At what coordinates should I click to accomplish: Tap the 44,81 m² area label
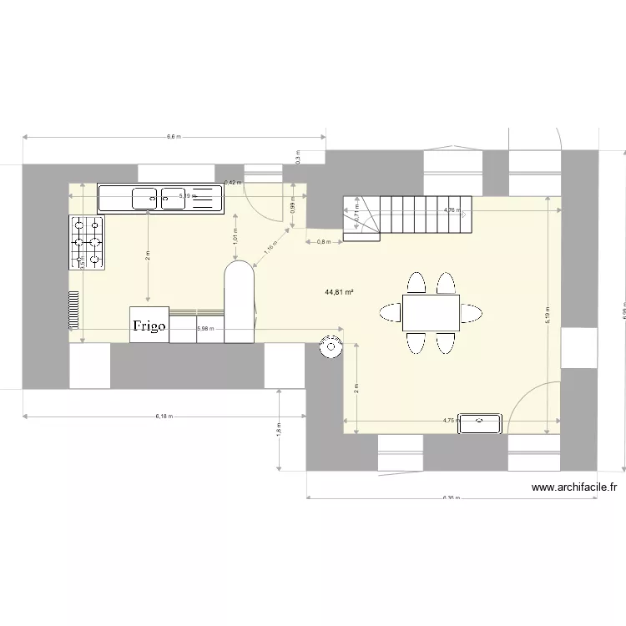pyautogui.click(x=340, y=292)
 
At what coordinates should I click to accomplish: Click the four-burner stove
pyautogui.click(x=87, y=243)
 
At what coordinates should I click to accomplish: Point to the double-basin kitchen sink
pyautogui.click(x=160, y=198)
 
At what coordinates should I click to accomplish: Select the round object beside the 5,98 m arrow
pyautogui.click(x=331, y=346)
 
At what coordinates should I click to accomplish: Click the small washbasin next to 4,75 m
pyautogui.click(x=480, y=422)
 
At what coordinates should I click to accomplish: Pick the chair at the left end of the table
pyautogui.click(x=391, y=314)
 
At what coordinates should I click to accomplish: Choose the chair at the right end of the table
pyautogui.click(x=472, y=314)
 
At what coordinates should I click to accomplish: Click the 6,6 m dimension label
pyautogui.click(x=174, y=136)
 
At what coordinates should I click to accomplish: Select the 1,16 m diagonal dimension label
pyautogui.click(x=270, y=247)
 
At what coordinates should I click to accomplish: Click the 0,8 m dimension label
pyautogui.click(x=324, y=242)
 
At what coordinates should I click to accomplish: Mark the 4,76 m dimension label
pyautogui.click(x=452, y=210)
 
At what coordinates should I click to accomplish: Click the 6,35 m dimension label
pyautogui.click(x=452, y=498)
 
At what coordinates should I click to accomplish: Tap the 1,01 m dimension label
pyautogui.click(x=236, y=237)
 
